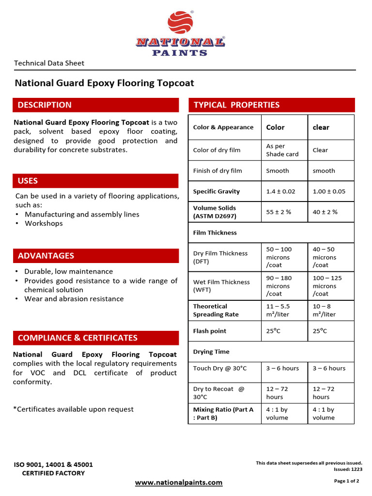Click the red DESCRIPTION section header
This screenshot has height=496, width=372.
coord(95,105)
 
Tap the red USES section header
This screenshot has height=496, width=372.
coord(95,181)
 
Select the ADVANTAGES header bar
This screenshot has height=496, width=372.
coord(95,256)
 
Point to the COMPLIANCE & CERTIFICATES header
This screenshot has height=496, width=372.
coord(95,338)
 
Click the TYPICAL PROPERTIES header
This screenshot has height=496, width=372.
coord(271,105)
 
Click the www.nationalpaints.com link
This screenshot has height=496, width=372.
coord(179,482)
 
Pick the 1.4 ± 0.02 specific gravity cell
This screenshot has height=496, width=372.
coord(280,191)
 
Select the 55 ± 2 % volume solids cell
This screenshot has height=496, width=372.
coord(279,212)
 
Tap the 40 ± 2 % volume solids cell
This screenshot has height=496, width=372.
coord(325,212)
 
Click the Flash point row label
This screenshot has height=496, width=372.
coord(210,331)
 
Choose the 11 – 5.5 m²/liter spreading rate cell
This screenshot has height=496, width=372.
coord(278,310)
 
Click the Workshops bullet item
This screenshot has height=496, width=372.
coord(44,223)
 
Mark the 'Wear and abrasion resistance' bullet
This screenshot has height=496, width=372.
coord(74,299)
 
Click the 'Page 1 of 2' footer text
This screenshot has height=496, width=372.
coord(346,481)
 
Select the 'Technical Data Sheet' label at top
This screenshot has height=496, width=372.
coord(49,63)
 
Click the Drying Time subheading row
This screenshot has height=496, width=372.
coord(211,352)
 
